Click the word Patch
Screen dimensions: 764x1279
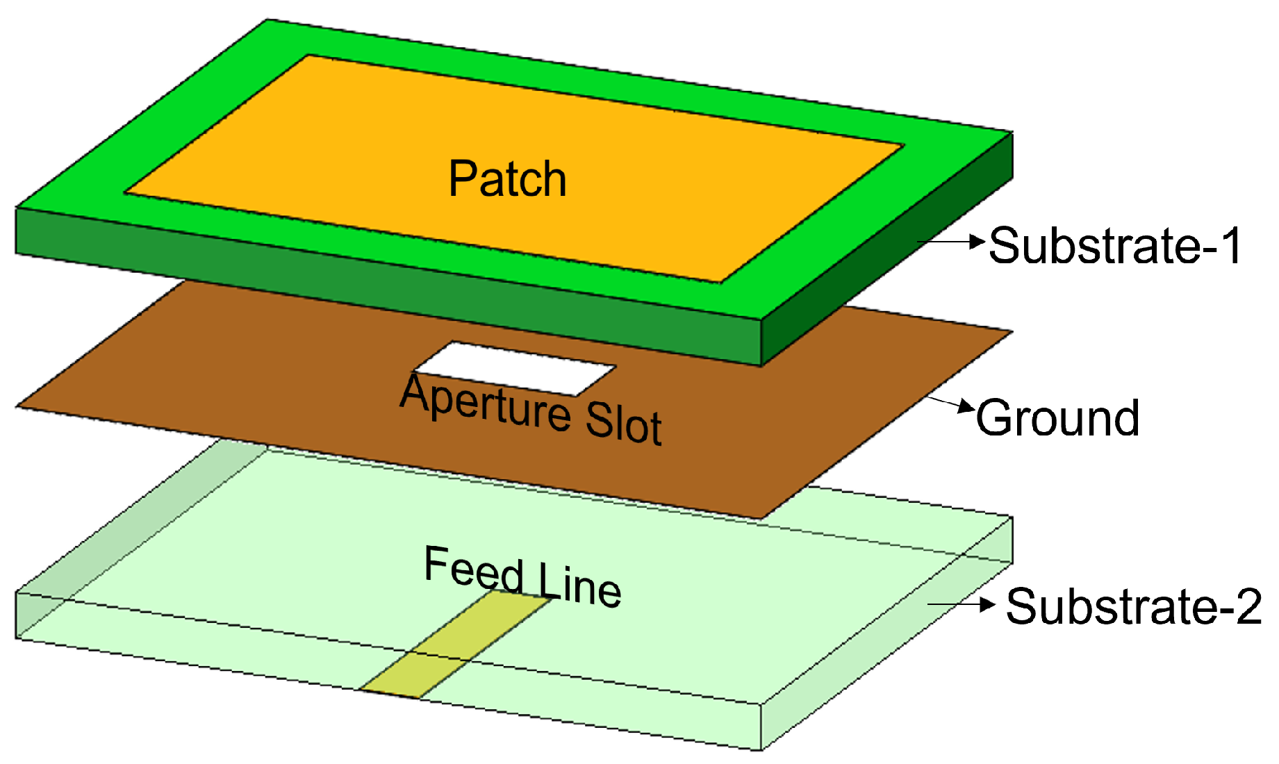pyautogui.click(x=507, y=179)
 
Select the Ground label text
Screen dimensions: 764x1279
pyautogui.click(x=1057, y=418)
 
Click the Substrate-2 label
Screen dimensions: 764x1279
pyautogui.click(x=1133, y=606)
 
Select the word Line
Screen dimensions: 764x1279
pyautogui.click(x=580, y=583)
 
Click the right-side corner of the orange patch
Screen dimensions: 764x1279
pyautogui.click(x=902, y=145)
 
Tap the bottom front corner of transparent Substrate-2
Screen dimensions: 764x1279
pyautogui.click(x=761, y=749)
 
